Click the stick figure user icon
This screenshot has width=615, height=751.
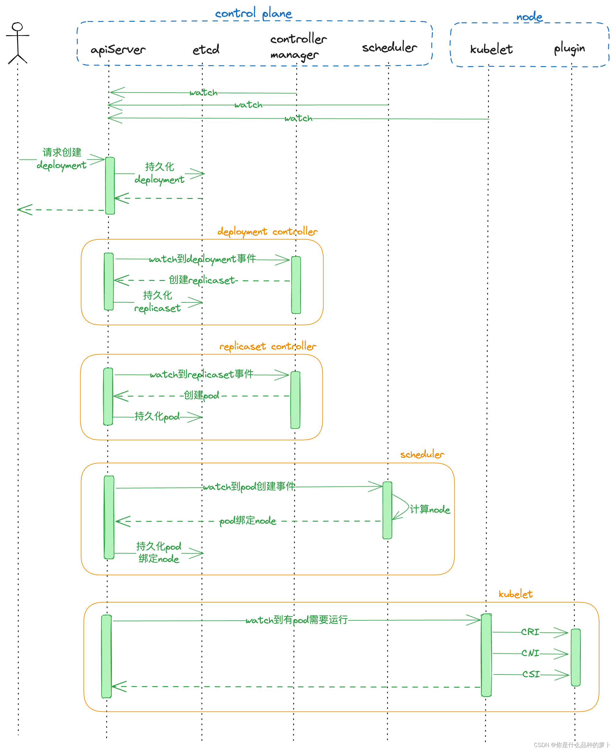[17, 43]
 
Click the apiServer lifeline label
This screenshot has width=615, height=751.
[118, 50]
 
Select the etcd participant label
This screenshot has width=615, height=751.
[206, 50]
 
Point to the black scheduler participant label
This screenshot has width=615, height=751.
[389, 47]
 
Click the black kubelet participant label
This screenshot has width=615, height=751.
[491, 49]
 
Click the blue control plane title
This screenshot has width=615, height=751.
[253, 13]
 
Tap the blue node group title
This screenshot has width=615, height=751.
[529, 17]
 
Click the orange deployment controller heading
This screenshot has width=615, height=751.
[267, 232]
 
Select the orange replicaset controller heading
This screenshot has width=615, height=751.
[267, 346]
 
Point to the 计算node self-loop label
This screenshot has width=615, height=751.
[430, 510]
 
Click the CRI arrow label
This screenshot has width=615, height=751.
[530, 632]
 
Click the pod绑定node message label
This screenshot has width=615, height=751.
[248, 521]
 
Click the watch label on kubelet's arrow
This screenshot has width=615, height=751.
[298, 118]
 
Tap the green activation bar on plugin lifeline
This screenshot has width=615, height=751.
[576, 657]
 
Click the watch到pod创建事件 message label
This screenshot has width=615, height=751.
[249, 487]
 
